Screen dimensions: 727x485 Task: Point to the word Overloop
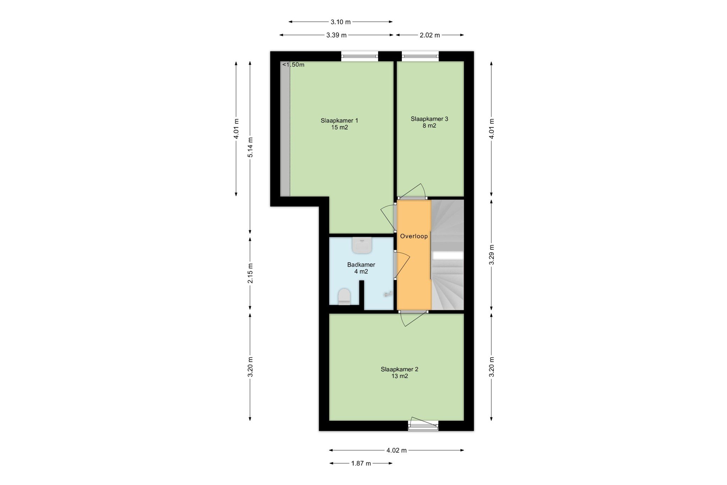pyautogui.click(x=414, y=236)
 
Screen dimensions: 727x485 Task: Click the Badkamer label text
pyautogui.click(x=361, y=265)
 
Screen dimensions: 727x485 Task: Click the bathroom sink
pyautogui.click(x=362, y=245)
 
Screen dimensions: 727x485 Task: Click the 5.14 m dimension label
pyautogui.click(x=250, y=147)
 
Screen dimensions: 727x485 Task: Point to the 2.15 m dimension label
pyautogui.click(x=250, y=273)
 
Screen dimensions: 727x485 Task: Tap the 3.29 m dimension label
pyautogui.click(x=492, y=255)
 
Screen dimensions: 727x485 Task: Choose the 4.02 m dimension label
pyautogui.click(x=397, y=451)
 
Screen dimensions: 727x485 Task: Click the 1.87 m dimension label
pyautogui.click(x=361, y=463)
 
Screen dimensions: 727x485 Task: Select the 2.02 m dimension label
pyautogui.click(x=430, y=35)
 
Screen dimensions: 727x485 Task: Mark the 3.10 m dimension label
pyautogui.click(x=340, y=22)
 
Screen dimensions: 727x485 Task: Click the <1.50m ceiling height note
pyautogui.click(x=293, y=65)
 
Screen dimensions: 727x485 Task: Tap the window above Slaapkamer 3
pyautogui.click(x=420, y=56)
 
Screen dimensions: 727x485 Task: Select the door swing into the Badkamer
pyautogui.click(x=402, y=265)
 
